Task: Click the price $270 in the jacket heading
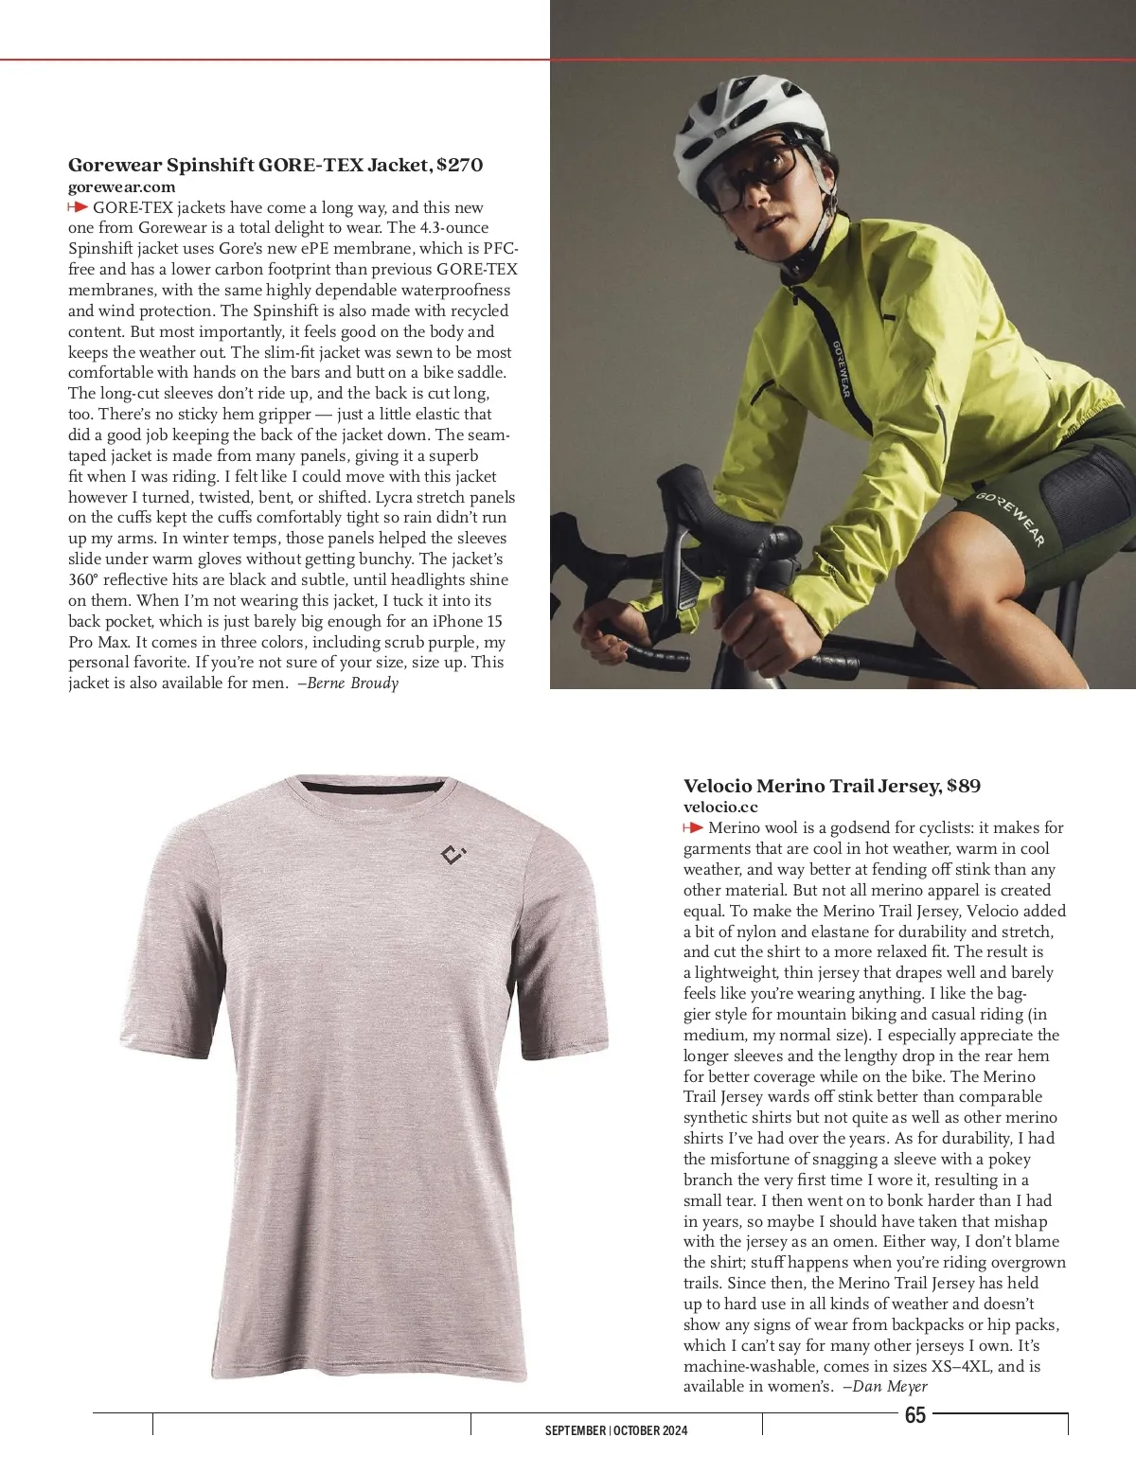click(460, 165)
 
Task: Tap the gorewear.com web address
click(121, 186)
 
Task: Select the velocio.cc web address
click(720, 807)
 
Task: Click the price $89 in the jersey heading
click(964, 786)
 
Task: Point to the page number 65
click(915, 1415)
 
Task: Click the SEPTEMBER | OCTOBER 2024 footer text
click(616, 1430)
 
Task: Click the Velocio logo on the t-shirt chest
click(453, 856)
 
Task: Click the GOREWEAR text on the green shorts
click(1010, 518)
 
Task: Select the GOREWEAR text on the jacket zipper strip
click(841, 369)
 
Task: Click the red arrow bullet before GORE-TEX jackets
click(79, 207)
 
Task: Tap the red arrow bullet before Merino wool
click(693, 828)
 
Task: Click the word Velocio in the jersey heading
click(718, 786)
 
